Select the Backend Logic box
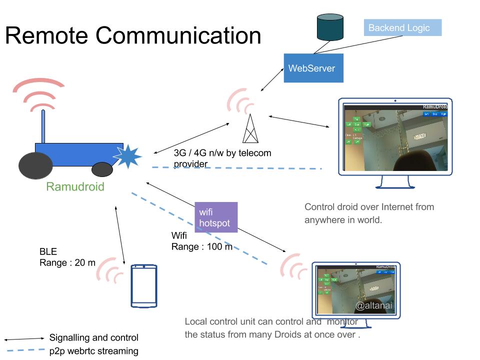point(402,28)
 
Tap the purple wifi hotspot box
point(216,217)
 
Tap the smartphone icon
point(144,286)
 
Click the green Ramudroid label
point(75,187)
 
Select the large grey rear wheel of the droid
point(35,166)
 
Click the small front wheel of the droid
point(101,169)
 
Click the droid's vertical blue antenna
point(43,127)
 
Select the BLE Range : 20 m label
point(67,257)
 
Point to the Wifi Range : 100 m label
point(201,240)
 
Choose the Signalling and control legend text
point(93,338)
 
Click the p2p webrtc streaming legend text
point(93,351)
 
